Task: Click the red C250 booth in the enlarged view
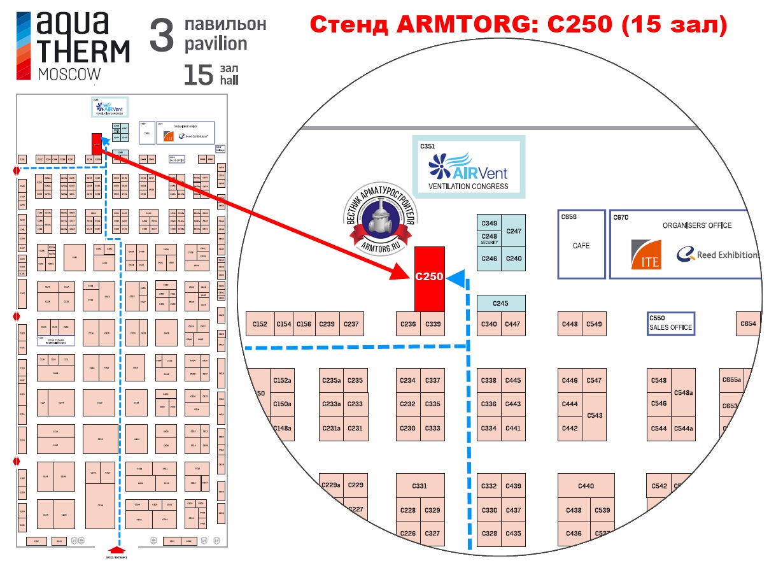429,278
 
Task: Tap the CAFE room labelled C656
581,245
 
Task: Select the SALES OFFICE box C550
670,323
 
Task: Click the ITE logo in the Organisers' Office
646,254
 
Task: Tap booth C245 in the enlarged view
501,303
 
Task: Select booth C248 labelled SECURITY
489,239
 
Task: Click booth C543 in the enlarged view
595,415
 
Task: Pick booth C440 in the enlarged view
586,486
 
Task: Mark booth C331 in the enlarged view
420,486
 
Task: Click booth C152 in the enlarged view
260,324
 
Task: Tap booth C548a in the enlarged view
683,392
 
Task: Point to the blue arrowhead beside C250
456,278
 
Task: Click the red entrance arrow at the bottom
116,550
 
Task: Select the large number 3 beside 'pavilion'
161,36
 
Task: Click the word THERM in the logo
83,51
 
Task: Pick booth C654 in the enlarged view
749,324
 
